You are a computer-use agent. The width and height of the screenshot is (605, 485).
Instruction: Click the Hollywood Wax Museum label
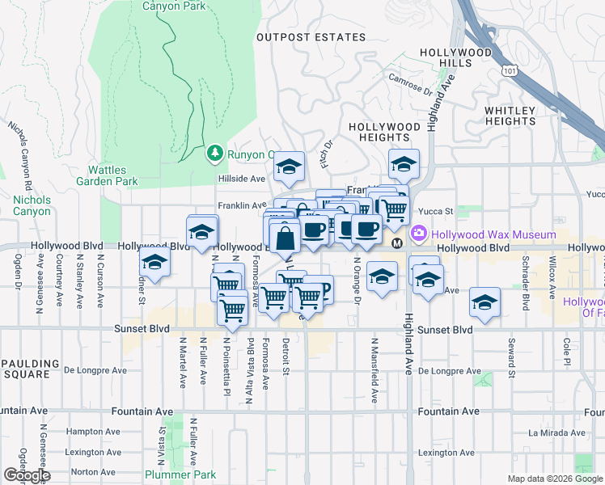point(493,234)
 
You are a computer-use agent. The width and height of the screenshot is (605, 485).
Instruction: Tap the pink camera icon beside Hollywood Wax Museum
point(419,234)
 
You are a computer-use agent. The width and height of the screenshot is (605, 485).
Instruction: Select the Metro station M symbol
point(397,243)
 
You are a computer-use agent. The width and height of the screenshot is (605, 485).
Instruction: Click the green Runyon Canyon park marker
point(214,153)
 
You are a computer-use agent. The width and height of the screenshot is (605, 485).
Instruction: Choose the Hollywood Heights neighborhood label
point(384,132)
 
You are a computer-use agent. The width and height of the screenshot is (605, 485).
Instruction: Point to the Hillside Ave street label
point(241,179)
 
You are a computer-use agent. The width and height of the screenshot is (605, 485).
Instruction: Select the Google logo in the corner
point(27,475)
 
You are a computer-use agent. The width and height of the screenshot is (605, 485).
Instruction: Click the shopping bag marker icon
point(285,238)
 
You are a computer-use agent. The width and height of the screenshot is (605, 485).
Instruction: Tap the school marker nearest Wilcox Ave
point(484,303)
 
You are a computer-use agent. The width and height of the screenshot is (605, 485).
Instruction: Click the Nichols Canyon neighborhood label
point(32,205)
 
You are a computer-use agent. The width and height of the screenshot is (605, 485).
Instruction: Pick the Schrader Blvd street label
point(525,296)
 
